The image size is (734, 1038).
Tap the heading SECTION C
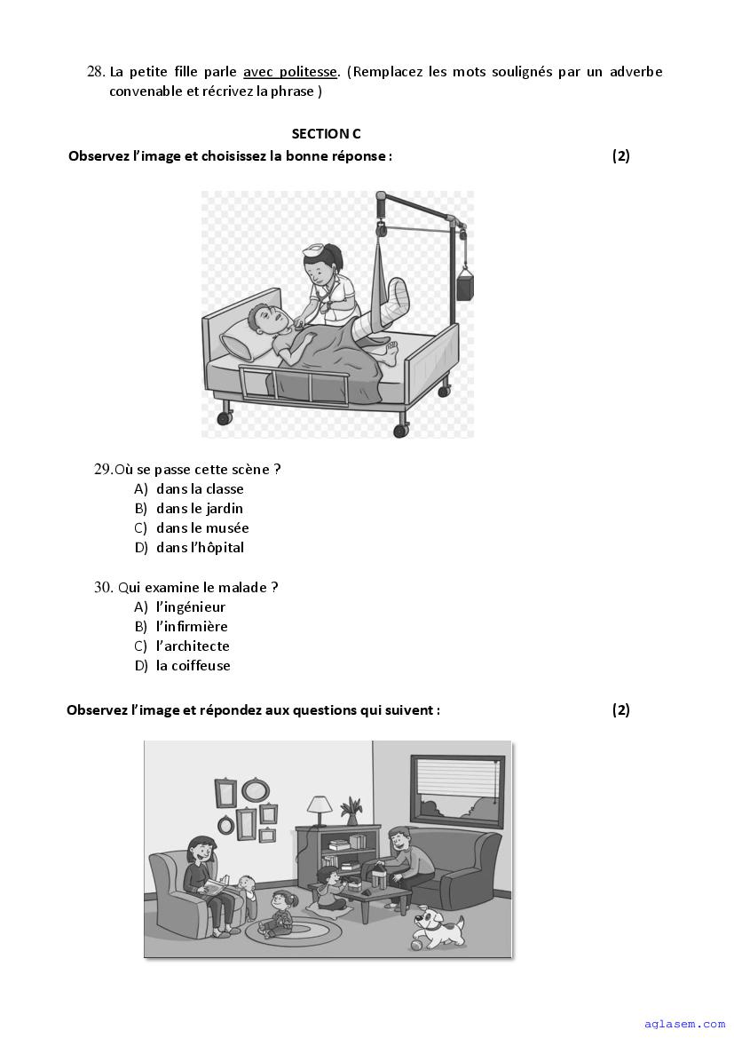click(x=326, y=134)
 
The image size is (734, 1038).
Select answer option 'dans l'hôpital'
click(x=200, y=548)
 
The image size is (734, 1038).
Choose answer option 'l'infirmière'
click(x=192, y=627)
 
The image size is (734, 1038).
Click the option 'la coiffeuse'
click(x=193, y=666)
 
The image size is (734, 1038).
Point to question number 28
click(x=96, y=72)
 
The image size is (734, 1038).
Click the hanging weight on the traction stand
click(x=464, y=287)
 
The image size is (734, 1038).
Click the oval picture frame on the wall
click(x=256, y=788)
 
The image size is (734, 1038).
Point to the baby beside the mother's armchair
click(x=248, y=894)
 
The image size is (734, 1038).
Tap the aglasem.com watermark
click(x=684, y=1024)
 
